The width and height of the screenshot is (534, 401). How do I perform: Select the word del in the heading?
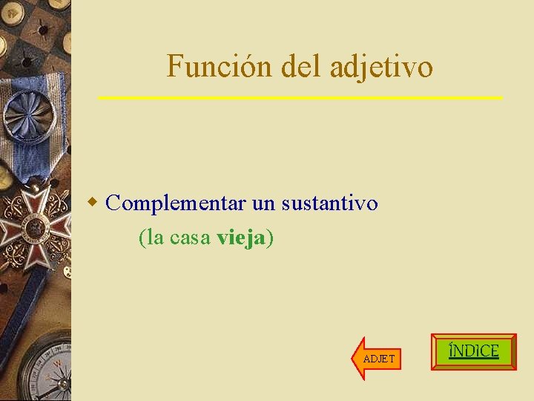click(x=302, y=67)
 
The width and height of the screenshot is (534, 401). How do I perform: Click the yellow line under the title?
click(x=300, y=98)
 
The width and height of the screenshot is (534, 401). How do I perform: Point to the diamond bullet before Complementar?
click(x=93, y=202)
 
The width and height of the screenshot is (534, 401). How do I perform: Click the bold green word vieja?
click(x=242, y=238)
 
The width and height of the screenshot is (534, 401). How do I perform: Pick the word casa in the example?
click(x=191, y=238)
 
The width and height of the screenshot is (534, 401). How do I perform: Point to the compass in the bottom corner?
click(x=44, y=371)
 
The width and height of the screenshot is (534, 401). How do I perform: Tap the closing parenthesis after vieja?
click(x=270, y=238)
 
